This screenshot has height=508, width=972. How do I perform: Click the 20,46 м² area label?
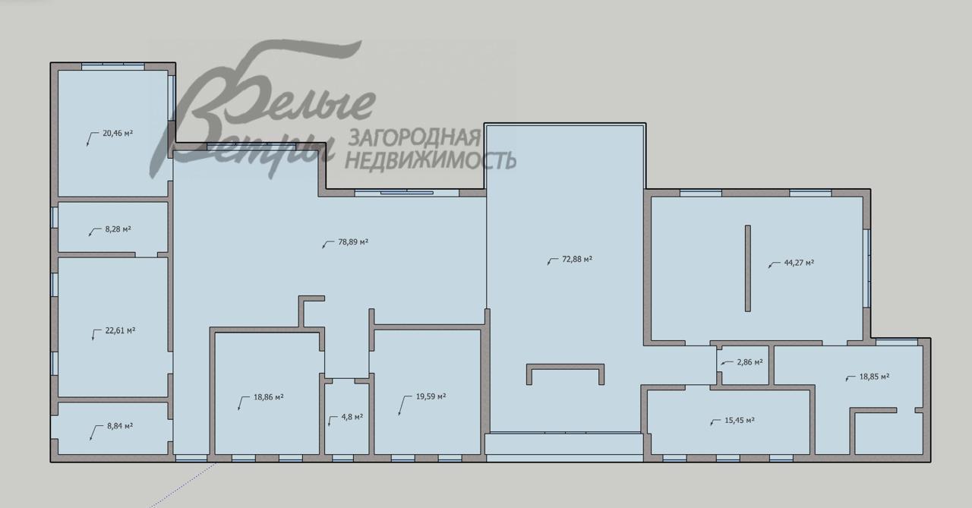[x=118, y=133]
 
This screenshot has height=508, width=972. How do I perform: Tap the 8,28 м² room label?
[x=118, y=229]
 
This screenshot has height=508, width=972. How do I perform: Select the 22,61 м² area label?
[x=120, y=330]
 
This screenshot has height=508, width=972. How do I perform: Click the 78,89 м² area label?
[x=353, y=242]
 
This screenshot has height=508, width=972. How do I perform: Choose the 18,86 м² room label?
[x=269, y=396]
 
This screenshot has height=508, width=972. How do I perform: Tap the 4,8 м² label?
[x=351, y=417]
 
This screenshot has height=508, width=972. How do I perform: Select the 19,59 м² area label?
[x=431, y=396]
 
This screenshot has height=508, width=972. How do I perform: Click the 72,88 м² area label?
[x=577, y=259]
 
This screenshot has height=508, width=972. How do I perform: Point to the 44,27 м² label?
[x=799, y=263]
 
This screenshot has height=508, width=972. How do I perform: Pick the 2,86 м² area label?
[x=750, y=361]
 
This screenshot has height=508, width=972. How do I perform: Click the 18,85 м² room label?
[x=874, y=376]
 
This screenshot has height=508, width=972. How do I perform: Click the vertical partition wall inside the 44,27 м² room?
[x=748, y=267]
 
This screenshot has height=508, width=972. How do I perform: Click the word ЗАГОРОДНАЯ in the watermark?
[x=413, y=137]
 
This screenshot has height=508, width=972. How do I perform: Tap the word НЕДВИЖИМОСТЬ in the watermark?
[x=431, y=159]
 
